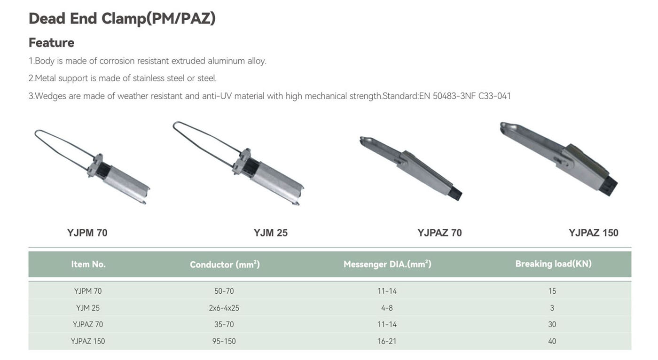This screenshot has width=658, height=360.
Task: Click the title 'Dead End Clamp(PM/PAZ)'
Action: pos(122,18)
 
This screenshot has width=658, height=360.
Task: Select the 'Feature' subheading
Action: pos(51,43)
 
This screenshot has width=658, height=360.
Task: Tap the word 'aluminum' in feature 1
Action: pos(226,61)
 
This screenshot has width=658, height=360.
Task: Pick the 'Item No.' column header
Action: pos(88,264)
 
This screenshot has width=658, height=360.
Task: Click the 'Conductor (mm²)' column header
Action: pos(225,264)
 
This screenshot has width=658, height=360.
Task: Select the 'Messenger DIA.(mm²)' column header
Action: pos(387,264)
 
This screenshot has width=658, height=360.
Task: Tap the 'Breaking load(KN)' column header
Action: pos(554,264)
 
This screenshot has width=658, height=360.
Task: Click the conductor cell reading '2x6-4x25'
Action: pos(224,308)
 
